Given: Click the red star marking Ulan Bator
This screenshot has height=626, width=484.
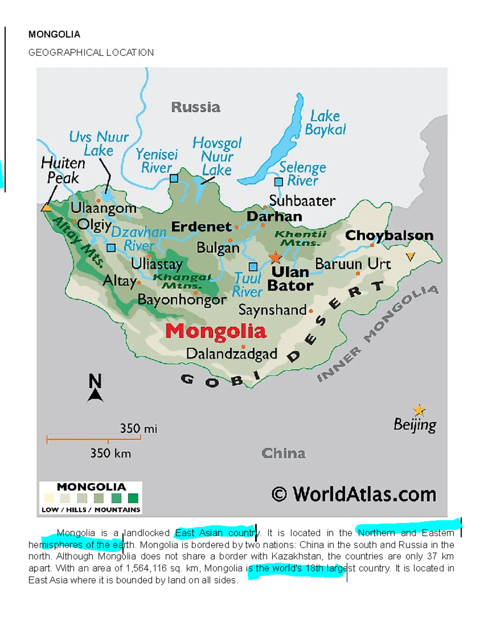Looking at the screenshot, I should (275, 257).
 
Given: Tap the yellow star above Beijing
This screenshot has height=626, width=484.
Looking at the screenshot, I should (419, 410).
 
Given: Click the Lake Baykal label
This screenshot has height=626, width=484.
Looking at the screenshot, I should (325, 123).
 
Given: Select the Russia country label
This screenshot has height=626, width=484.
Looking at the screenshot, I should (196, 107).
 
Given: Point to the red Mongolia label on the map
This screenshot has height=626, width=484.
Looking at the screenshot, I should (216, 332).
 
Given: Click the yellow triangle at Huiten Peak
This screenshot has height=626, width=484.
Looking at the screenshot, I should (46, 208).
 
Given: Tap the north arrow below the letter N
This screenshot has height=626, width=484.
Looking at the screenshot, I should (95, 395).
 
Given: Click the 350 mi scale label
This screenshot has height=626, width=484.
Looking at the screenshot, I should (138, 428).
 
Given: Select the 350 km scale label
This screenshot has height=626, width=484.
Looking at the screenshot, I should (110, 453).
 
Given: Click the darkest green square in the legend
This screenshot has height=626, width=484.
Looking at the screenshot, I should (133, 498).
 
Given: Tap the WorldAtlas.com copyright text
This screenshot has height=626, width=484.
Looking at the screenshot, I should (354, 494).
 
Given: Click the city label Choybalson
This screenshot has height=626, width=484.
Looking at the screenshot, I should (389, 235).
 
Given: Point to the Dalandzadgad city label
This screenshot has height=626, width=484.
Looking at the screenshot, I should (232, 354).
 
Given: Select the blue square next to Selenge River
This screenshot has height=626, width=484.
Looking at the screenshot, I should (278, 182).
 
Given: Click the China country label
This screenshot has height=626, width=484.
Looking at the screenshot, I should (283, 453).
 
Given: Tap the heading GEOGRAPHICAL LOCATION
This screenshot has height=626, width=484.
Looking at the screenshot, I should (91, 53).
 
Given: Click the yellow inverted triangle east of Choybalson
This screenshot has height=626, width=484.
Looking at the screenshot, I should (410, 256).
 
